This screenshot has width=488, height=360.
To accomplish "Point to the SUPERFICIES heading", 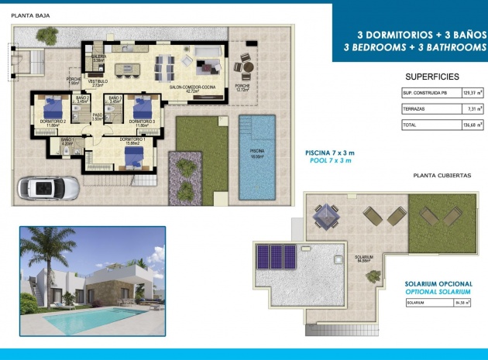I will pyautogui.click(x=432, y=77).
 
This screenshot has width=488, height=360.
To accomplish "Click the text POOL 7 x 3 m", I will pyautogui.click(x=328, y=161).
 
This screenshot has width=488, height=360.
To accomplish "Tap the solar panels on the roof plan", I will pyautogui.click(x=277, y=256).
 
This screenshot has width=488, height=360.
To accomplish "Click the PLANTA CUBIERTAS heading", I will pyautogui.click(x=442, y=176).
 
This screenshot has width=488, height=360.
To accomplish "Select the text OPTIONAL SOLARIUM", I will pyautogui.click(x=438, y=292).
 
